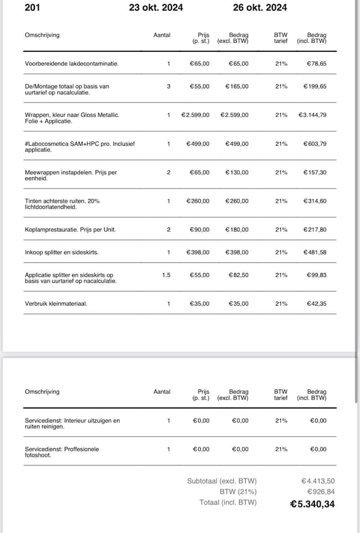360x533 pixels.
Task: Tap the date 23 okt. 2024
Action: coord(156,7)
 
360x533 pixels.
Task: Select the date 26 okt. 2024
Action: coord(260,7)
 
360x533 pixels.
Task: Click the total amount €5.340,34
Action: coord(312,504)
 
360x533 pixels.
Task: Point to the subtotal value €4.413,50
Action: coord(318,481)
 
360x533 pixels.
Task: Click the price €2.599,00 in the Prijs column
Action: coord(195,115)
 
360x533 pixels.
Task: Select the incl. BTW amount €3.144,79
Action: coord(312,115)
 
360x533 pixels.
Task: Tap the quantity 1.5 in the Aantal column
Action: coord(166,275)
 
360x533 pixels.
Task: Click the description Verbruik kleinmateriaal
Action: coord(56,303)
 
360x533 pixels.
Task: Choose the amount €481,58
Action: coord(315,252)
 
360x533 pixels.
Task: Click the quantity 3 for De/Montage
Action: coord(168,86)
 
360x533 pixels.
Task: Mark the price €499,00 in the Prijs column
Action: coord(198,144)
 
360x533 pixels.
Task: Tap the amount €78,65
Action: coord(316,64)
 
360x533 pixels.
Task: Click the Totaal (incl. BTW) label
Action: coord(228,503)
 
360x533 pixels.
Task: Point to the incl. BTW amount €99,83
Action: coord(316,275)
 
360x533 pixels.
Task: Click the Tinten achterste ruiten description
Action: coord(62,203)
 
